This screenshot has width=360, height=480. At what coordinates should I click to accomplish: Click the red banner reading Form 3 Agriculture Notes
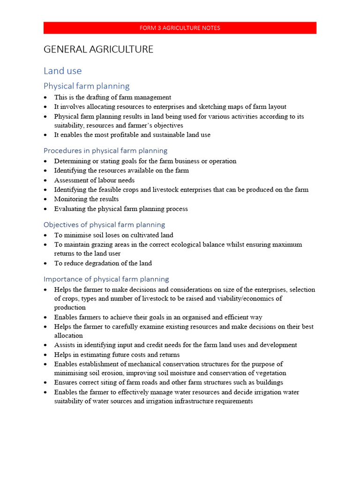coord(180,28)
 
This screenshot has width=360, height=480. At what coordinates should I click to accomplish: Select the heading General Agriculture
coord(98,49)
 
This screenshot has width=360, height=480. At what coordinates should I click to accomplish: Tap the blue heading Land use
coord(62,71)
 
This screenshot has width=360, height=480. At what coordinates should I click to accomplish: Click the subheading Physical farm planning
coord(86,86)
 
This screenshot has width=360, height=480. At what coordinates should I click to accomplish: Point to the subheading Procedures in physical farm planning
coord(105,150)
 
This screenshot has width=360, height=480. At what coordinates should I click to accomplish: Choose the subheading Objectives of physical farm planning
coord(104,225)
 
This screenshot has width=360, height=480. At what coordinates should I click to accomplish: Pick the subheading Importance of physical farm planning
coord(106,279)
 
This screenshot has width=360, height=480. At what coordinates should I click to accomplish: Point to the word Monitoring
coord(69,199)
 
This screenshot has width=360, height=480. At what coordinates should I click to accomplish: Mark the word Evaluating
coord(69,209)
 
